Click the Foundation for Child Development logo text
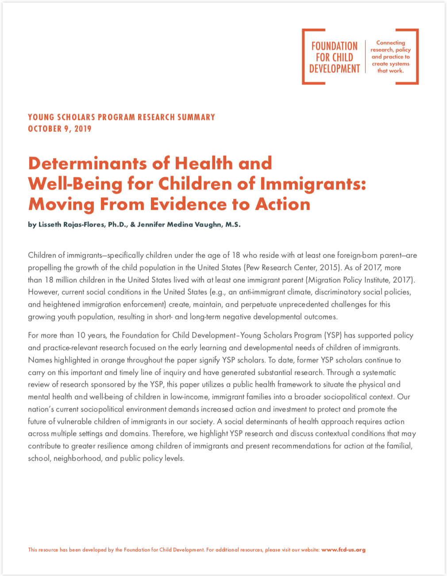[x=334, y=57]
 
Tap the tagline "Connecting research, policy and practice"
[x=390, y=57]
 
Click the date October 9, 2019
[x=60, y=129]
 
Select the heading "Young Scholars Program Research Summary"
[x=121, y=117]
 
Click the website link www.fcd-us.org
[x=343, y=550]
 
